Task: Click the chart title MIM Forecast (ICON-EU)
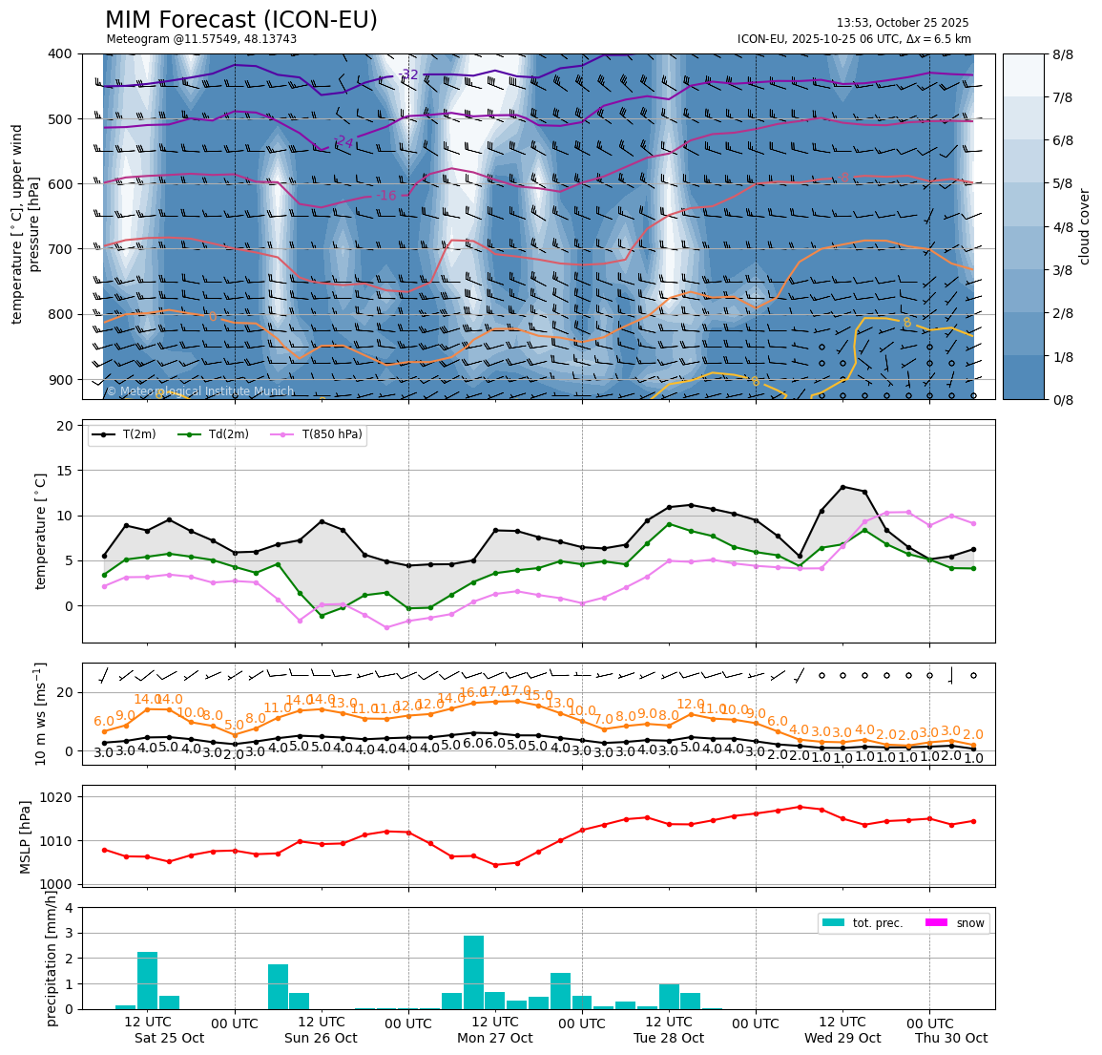240,20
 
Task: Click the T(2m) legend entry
133,434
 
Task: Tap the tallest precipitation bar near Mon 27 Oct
473,971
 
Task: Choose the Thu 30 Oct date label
950,1038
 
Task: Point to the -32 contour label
408,74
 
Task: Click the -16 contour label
385,196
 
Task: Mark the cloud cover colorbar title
1085,226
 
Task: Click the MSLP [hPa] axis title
27,837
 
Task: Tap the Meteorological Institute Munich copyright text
199,391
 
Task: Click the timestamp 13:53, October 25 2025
902,23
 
